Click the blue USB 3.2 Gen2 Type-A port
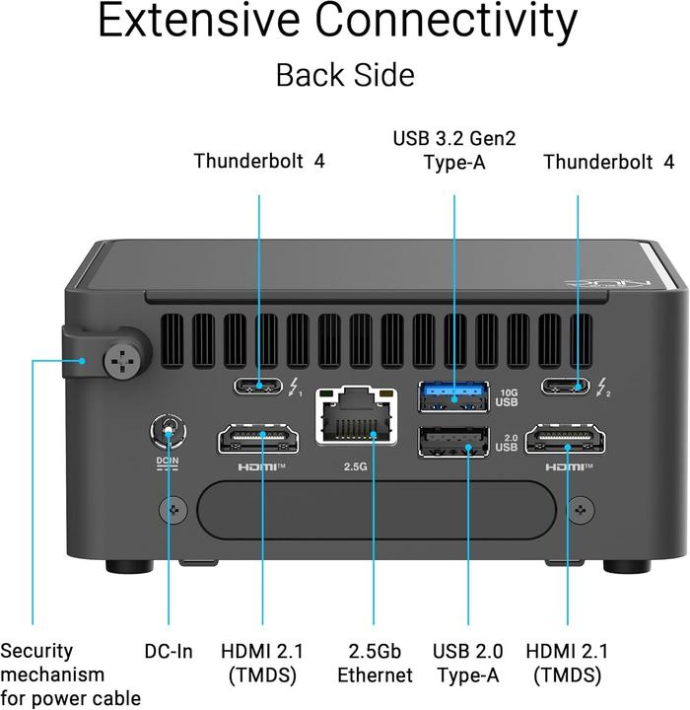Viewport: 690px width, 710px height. click(453, 397)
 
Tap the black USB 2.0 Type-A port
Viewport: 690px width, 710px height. click(453, 441)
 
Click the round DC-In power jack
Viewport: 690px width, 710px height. click(170, 431)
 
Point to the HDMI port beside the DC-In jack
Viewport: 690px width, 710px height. click(259, 439)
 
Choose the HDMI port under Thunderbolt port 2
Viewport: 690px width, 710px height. click(565, 439)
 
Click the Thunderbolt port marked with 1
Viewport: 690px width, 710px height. click(259, 387)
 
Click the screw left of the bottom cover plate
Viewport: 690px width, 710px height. click(174, 510)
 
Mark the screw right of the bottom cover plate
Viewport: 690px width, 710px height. click(582, 510)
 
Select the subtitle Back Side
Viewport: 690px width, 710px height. click(344, 75)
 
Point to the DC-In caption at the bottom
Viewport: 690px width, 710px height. click(169, 651)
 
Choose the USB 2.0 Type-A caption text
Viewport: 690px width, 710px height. click(468, 663)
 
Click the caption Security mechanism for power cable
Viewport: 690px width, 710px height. click(69, 674)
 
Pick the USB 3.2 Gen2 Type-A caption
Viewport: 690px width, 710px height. click(454, 149)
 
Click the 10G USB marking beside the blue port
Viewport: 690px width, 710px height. click(506, 397)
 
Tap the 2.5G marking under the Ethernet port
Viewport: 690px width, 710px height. click(356, 466)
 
